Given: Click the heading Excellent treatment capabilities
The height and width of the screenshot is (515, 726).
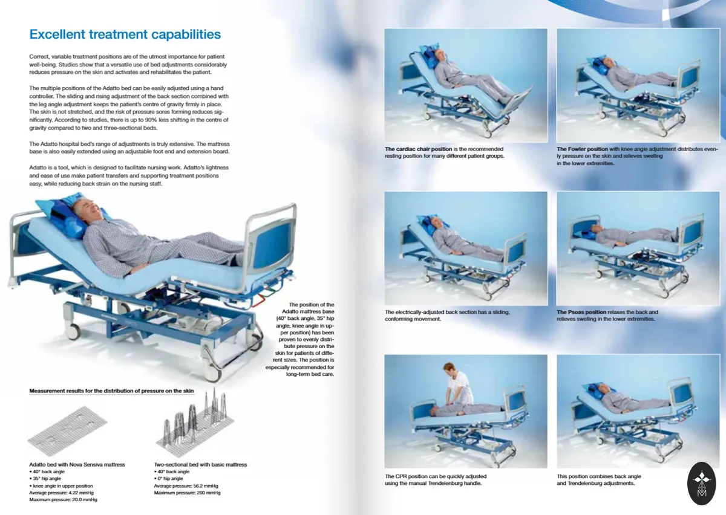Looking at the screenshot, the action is click(125, 34).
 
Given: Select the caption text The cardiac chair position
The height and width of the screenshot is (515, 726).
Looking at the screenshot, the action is click(418, 149).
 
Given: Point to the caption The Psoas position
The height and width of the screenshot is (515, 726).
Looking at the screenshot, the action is click(581, 312).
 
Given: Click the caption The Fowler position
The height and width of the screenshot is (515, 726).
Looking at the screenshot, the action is click(582, 149).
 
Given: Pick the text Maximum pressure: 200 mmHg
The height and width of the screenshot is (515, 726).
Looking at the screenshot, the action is click(187, 493).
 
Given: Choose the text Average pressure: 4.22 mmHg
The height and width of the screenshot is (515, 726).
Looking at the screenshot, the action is click(61, 493).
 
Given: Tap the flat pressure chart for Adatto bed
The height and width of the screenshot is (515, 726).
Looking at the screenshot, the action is click(67, 432).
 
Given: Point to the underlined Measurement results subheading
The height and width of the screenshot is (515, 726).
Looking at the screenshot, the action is click(111, 391).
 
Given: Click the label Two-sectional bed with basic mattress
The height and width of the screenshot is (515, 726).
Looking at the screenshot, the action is click(200, 464).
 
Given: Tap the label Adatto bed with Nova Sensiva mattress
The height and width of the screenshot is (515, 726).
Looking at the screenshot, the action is click(77, 464).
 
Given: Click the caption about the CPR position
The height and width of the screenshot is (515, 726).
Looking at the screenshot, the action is click(436, 480).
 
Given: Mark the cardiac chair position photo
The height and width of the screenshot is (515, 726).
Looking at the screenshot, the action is click(466, 85).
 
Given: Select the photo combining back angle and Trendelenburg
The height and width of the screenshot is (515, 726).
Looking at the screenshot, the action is click(638, 411).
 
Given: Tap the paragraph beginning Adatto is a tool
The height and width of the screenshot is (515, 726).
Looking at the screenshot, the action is click(129, 175).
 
